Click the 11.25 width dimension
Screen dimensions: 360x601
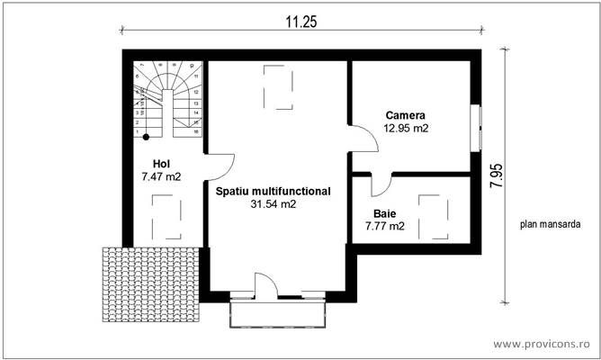coord(302,21)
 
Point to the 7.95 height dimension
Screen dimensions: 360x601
coord(495,174)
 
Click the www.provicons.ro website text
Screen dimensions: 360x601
coord(543,344)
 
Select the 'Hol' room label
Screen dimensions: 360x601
coord(161,164)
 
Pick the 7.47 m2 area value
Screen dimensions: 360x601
coord(161,177)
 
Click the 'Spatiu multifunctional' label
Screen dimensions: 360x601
coord(273,191)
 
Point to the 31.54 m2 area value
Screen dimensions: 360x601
coord(273,204)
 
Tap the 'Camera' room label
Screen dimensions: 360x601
coord(405,115)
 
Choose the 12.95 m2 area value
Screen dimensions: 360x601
coord(405,129)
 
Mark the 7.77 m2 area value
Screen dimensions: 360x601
coord(384,227)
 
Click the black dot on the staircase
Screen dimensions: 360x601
coord(146,137)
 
